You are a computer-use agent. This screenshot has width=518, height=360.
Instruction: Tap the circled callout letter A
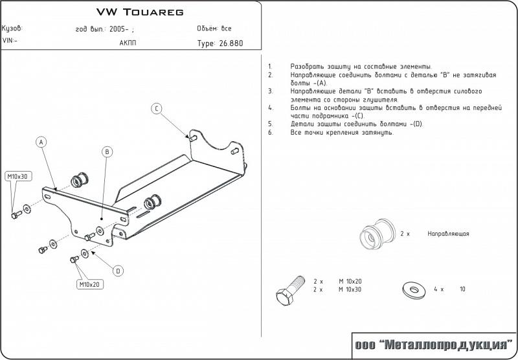pos(41,142)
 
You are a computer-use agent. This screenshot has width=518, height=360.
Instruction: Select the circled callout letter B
pos(107,152)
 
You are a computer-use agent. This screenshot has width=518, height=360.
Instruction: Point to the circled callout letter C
pos(157,108)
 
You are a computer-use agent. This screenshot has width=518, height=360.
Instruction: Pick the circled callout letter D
pos(118,271)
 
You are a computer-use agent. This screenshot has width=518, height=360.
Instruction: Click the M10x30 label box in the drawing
pos(19,176)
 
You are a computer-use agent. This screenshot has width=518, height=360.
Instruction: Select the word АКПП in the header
pos(128,43)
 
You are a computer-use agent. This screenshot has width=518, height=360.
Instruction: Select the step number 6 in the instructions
pos(269,132)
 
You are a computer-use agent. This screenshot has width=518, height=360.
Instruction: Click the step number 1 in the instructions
pos(269,67)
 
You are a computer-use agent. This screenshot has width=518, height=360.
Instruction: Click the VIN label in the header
pos(10,40)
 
